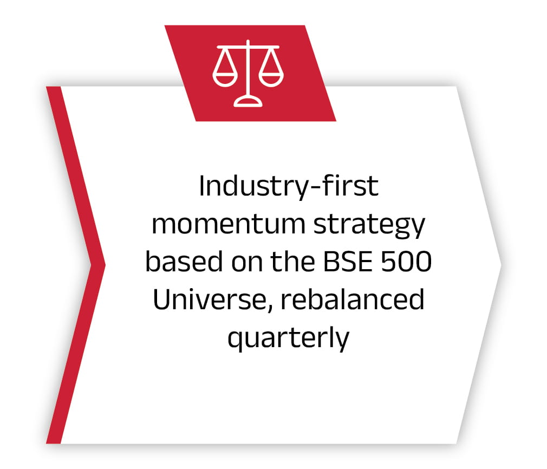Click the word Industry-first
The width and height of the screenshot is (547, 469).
tap(289, 186)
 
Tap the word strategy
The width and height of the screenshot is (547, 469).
tap(369, 226)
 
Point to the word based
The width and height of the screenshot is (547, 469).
tap(184, 261)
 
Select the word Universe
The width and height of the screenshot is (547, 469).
tap(209, 299)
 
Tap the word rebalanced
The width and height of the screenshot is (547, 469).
tap(353, 299)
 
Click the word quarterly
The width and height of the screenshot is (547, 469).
tap(288, 338)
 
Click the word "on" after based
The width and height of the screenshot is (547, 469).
tap(246, 263)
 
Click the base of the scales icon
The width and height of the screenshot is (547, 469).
tap(248, 102)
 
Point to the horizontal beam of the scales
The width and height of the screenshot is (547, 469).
tap(248, 47)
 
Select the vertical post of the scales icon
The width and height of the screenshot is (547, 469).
tap(248, 69)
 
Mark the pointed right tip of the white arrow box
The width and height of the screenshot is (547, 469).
tap(502, 265)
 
